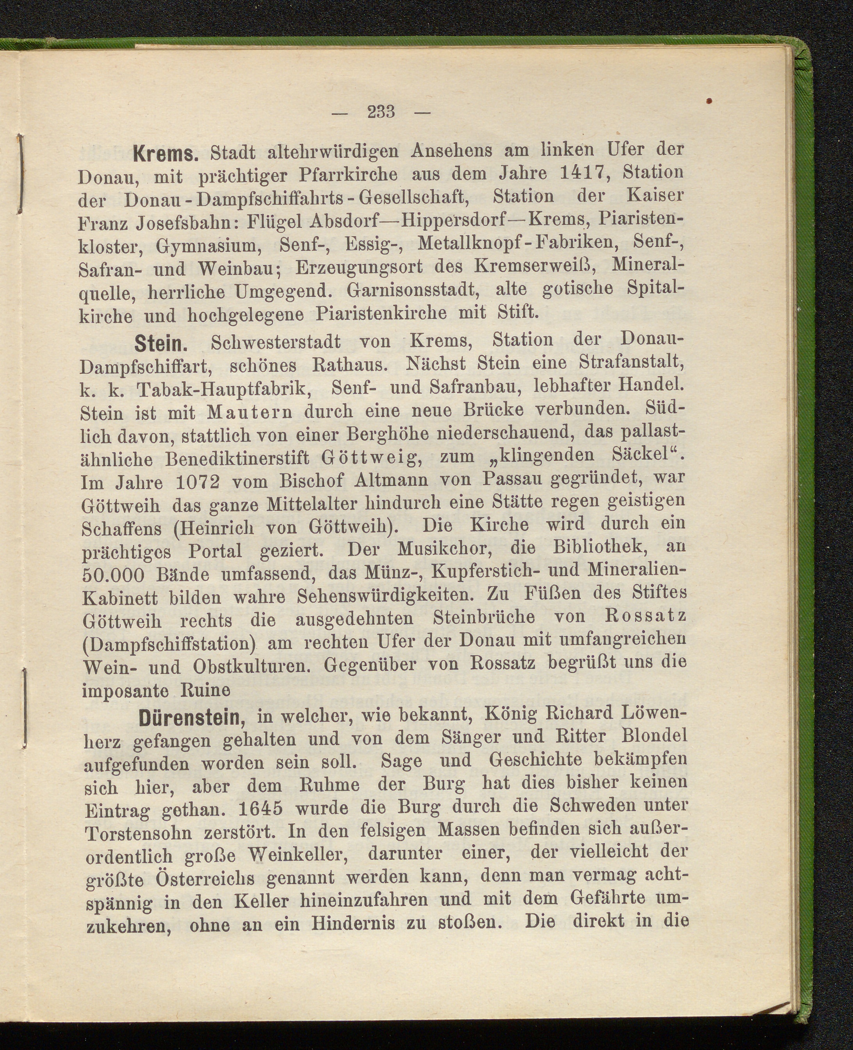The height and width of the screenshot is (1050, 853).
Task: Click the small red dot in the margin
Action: tap(709, 101)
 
